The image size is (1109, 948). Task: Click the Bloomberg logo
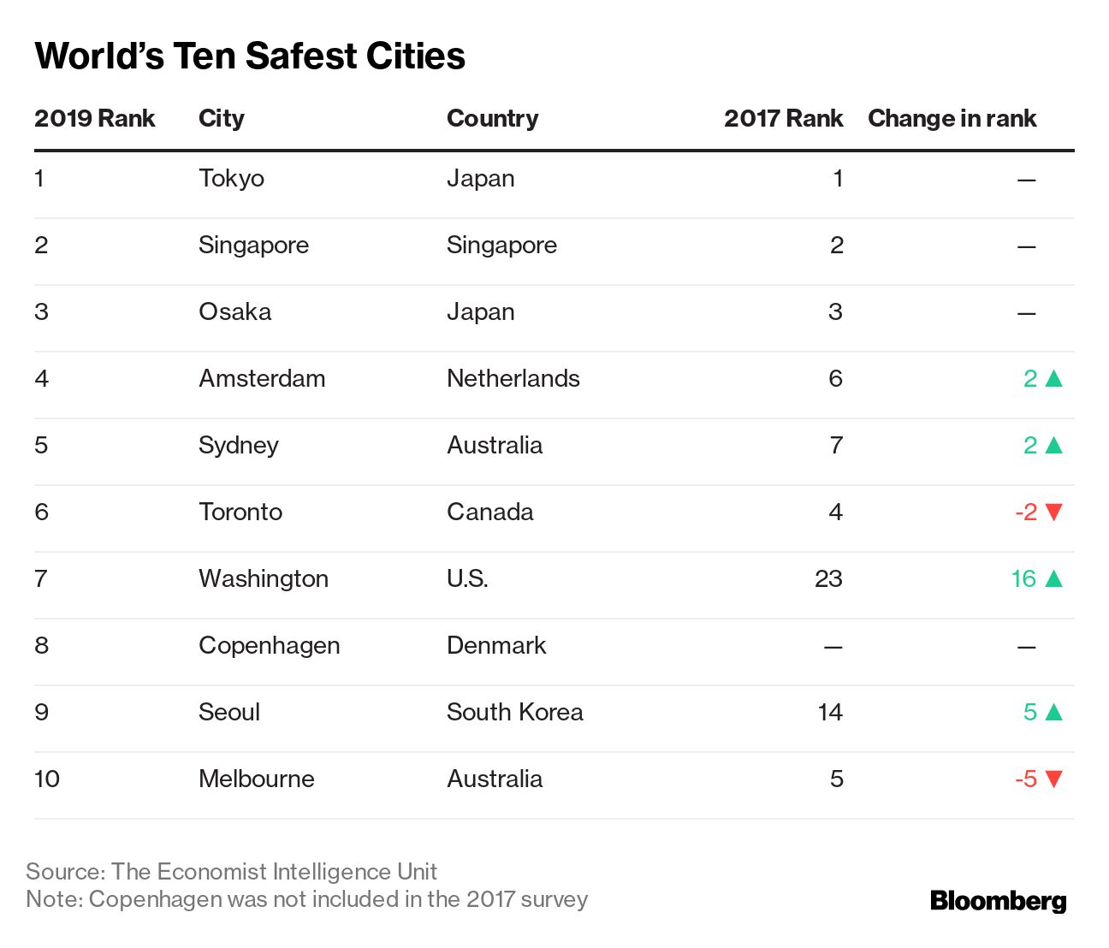coord(998,901)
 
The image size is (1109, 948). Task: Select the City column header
coord(222,118)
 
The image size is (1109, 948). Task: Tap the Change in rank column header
coord(952,118)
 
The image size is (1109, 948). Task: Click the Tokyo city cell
coord(231,178)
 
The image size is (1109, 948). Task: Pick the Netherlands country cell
coord(513,378)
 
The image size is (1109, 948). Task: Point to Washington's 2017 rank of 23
coord(828,578)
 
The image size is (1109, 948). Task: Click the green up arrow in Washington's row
coord(1054,578)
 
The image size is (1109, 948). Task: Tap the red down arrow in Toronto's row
coord(1054,513)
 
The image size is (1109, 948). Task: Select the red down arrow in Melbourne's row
coord(1054,779)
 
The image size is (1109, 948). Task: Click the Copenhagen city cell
coord(269,645)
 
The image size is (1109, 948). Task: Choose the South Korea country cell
coord(514,712)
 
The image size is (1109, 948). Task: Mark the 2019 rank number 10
coord(47,779)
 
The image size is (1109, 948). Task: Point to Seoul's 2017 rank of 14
coord(830,712)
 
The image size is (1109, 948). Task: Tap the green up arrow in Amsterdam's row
coord(1054,378)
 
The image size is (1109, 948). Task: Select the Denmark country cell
coord(496,645)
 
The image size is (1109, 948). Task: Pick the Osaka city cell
coord(234,311)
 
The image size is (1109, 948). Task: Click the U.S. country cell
coord(467,578)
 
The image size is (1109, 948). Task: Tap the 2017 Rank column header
coord(783,118)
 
